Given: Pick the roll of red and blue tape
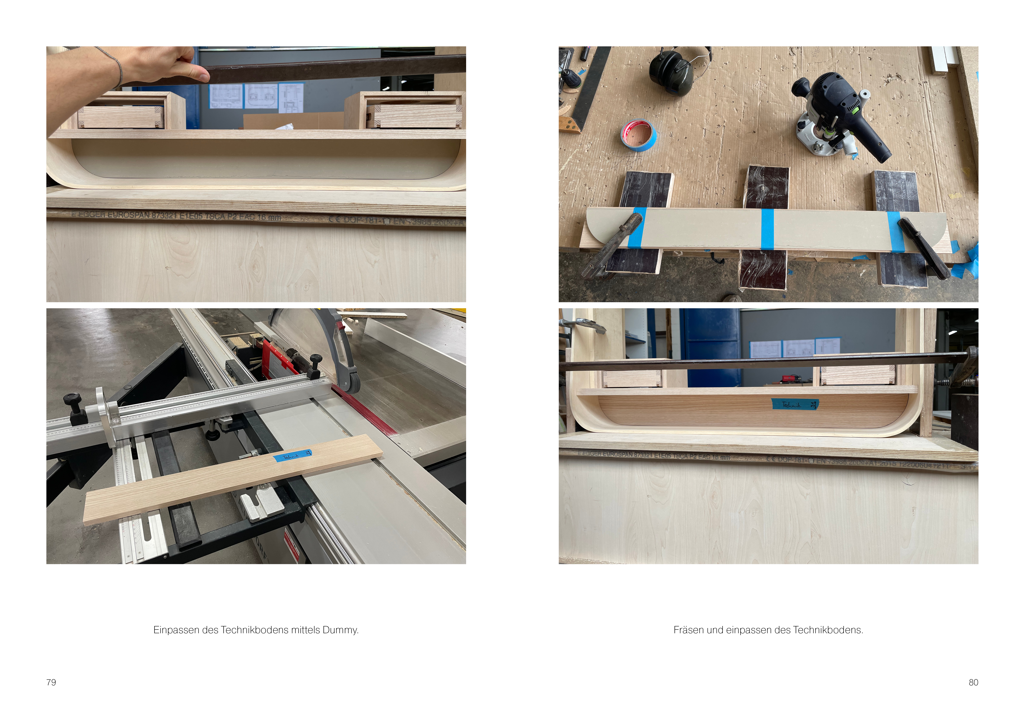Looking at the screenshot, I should point(638,135).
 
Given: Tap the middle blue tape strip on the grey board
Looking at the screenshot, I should point(767,229).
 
